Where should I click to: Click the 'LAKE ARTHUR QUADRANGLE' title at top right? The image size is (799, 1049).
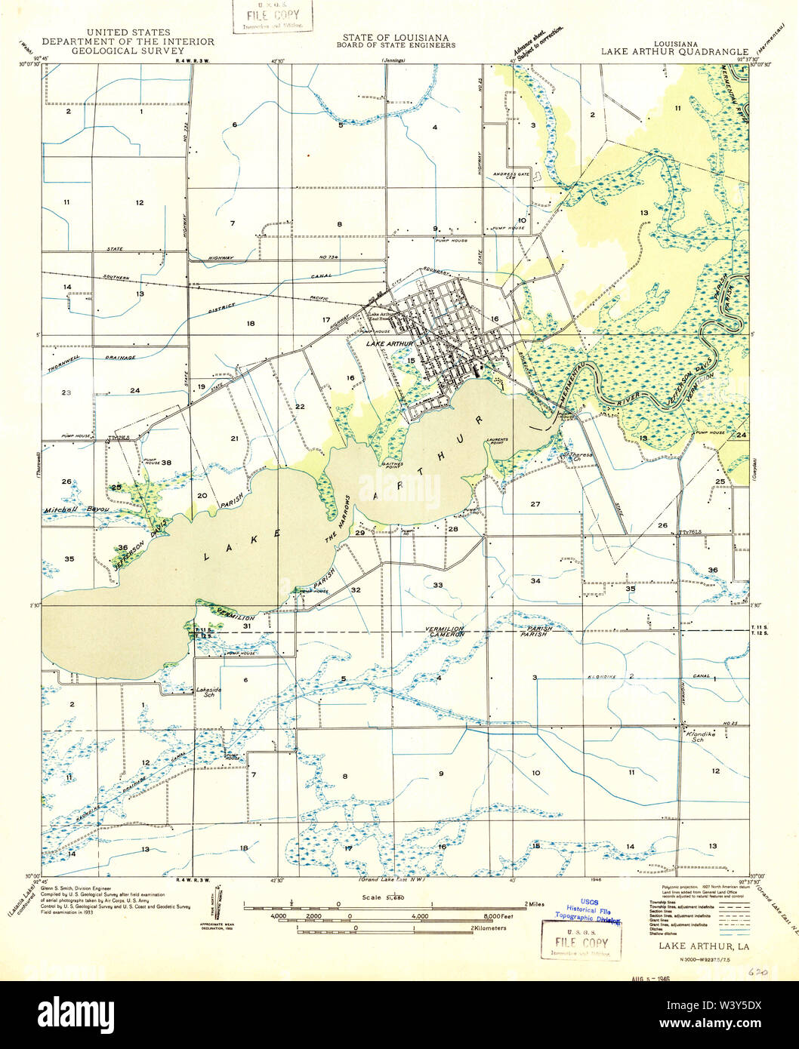674,52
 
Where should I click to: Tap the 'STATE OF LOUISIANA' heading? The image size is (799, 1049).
395,37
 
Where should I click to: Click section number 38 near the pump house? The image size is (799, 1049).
165,463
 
